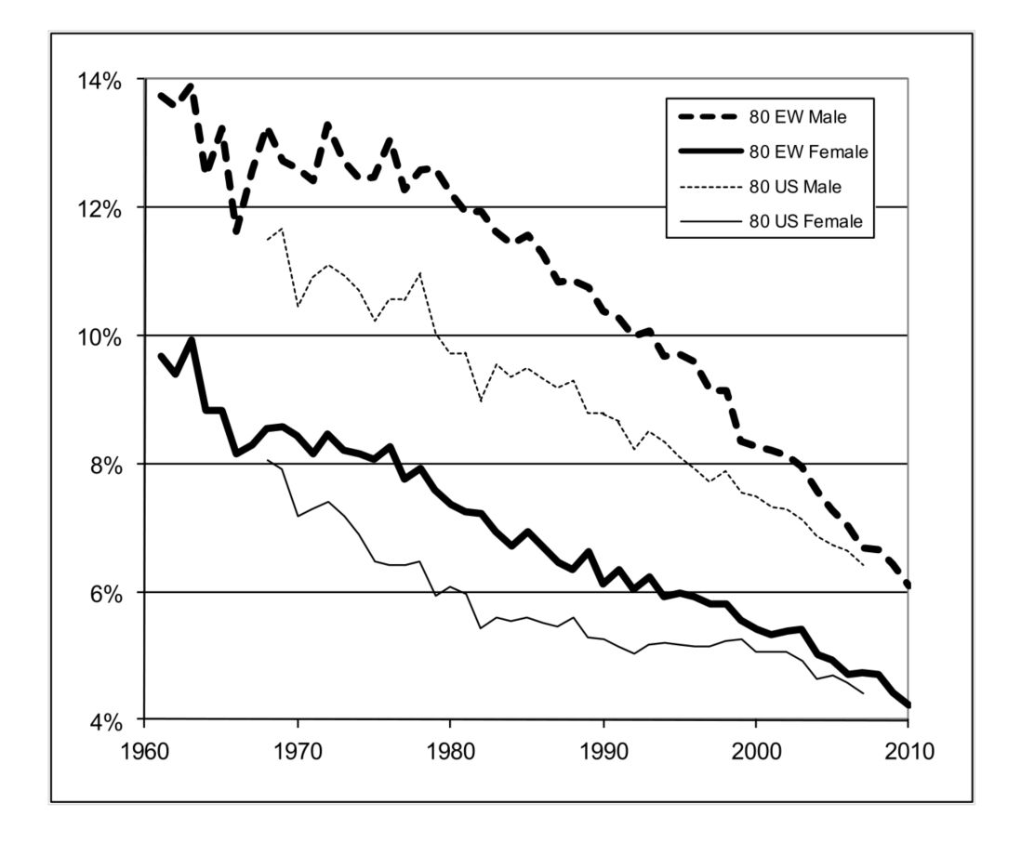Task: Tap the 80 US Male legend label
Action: (795, 187)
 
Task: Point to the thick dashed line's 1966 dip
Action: (237, 231)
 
